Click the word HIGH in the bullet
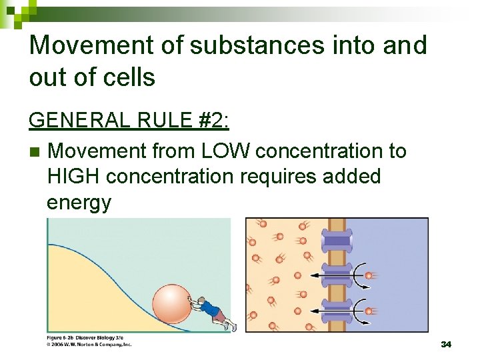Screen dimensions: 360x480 74,177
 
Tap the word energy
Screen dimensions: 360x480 79,202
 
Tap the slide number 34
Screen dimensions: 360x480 446,344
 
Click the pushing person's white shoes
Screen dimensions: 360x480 229,326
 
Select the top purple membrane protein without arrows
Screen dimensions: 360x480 337,240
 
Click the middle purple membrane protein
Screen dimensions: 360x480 337,275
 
